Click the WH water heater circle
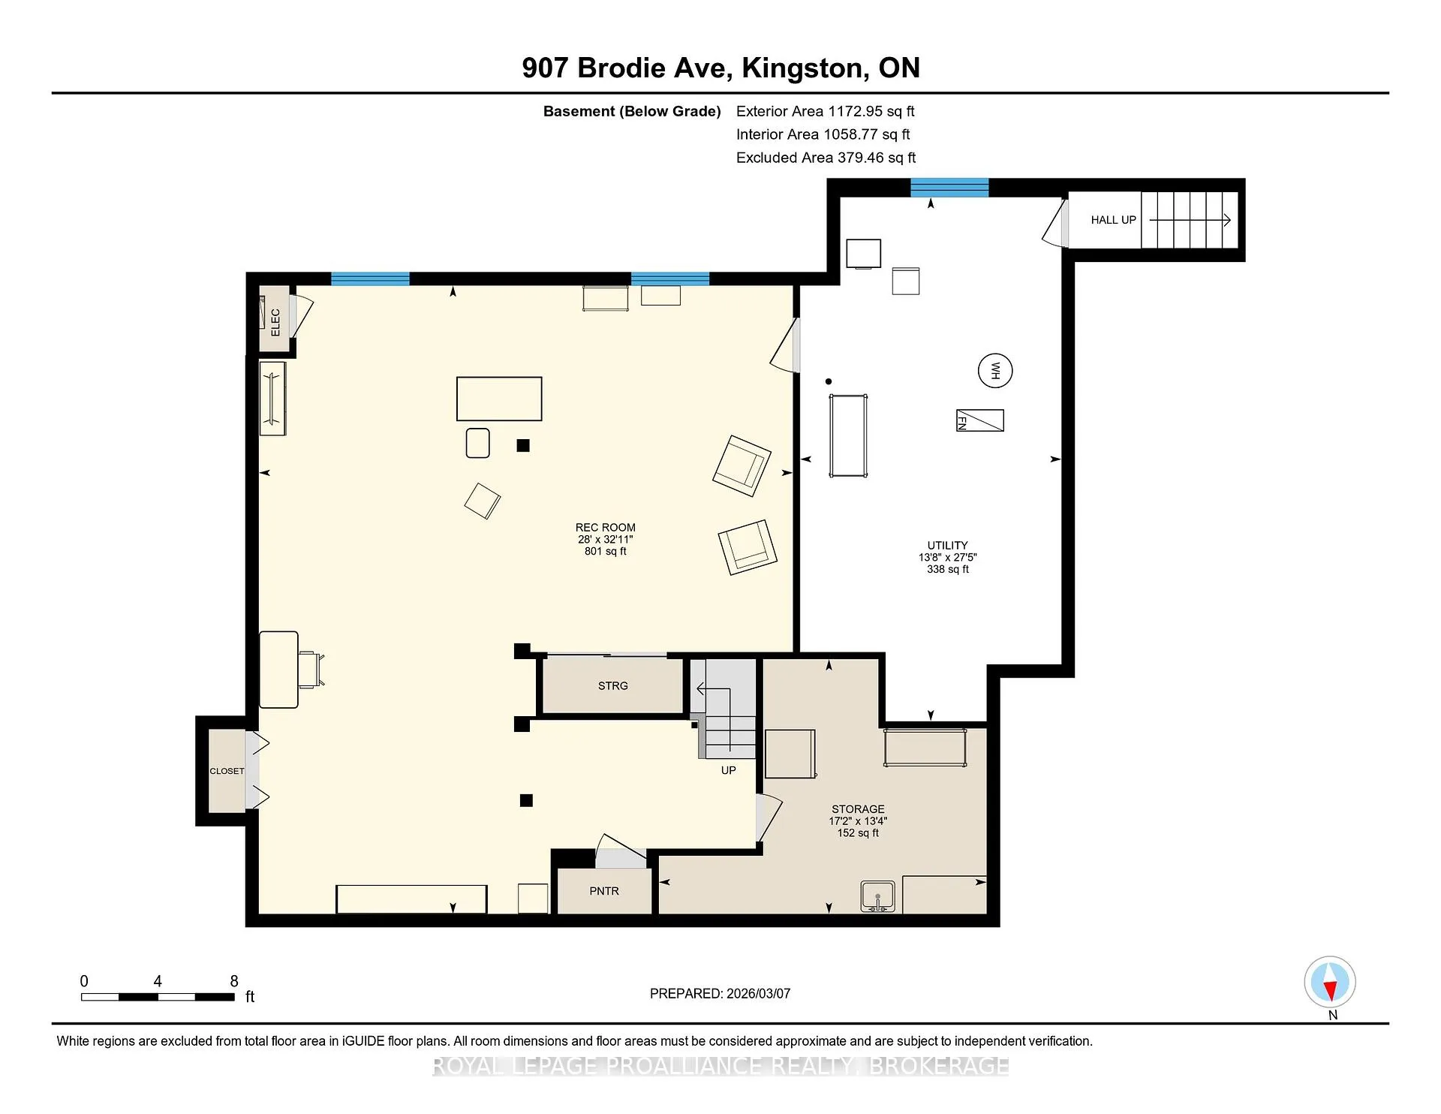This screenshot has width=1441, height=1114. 995,371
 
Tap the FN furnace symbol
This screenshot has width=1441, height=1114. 979,420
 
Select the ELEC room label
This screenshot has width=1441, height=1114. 275,322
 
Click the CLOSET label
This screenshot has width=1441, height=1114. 227,771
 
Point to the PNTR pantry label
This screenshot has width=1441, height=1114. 604,891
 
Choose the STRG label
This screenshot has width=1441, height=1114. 613,685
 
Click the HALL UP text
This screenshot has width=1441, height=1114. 1114,220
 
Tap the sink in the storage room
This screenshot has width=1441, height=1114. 878,897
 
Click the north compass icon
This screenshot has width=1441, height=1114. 1330,982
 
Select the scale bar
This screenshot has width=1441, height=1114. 158,997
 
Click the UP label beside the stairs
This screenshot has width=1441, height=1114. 728,770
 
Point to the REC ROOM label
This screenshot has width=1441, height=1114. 606,528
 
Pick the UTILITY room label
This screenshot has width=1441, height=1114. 948,546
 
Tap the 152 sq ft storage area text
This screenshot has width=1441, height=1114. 858,833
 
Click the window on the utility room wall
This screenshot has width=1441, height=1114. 949,188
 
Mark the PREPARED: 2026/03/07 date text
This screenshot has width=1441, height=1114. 720,993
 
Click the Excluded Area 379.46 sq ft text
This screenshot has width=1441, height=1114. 826,158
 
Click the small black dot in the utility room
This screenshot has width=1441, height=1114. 829,381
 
